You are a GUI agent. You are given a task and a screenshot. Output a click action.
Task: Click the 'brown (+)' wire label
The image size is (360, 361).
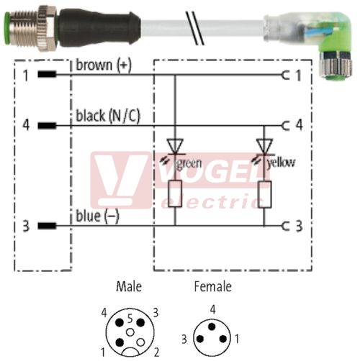click(x=104, y=65)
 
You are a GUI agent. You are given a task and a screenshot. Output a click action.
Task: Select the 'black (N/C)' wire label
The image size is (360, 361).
click(x=108, y=116)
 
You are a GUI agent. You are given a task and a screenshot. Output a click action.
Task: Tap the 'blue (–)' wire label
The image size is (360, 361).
click(x=97, y=216)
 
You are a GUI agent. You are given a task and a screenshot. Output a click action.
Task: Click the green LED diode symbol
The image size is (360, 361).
click(x=175, y=146)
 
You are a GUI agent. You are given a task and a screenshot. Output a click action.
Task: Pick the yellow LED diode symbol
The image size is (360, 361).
click(x=264, y=146)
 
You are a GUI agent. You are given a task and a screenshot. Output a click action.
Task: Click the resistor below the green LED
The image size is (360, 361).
click(x=175, y=194)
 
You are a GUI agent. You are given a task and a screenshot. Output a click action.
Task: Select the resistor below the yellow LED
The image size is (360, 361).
click(x=264, y=194)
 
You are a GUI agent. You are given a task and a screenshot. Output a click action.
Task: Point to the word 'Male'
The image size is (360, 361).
click(x=129, y=286)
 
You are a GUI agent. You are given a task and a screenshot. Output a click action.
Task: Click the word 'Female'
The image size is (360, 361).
click(x=213, y=286)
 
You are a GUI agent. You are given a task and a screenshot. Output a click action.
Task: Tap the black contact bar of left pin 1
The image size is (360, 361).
click(x=47, y=74)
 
